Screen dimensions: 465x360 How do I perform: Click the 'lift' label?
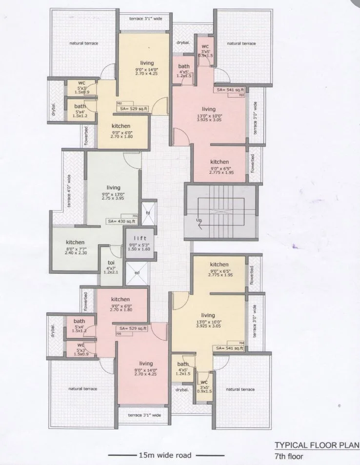140,238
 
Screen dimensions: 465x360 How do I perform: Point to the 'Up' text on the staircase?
199,221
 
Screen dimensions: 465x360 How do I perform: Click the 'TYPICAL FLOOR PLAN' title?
317,445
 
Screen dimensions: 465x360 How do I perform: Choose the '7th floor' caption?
289,457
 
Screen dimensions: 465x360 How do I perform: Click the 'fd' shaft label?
147,213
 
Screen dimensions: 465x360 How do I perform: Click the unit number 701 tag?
135,216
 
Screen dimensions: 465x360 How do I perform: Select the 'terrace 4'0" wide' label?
69,191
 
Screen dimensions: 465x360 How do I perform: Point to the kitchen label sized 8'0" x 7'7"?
76,242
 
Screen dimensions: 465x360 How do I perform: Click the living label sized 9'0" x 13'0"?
113,187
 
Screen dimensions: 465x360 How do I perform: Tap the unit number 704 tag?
241,343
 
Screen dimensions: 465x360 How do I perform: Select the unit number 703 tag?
241,95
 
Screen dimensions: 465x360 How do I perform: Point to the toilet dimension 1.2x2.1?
111,273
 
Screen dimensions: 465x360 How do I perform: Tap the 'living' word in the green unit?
113,187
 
